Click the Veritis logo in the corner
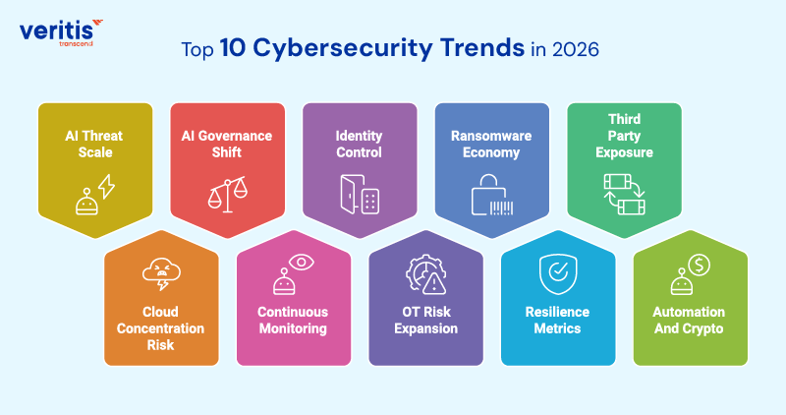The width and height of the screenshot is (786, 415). pos(58,30)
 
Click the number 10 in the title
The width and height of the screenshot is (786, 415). pos(233,50)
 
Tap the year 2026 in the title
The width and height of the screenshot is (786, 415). pos(579,50)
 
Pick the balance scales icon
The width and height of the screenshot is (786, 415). pos(227,193)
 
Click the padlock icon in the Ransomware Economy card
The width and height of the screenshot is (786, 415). pos(493,195)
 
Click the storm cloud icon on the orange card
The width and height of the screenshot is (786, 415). pos(160,272)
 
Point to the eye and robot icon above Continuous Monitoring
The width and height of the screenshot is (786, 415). pos(293,272)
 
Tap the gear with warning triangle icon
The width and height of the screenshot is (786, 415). pos(426,273)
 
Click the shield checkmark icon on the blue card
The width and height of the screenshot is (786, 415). pos(557,272)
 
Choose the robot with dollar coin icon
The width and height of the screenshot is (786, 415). pos(690,272)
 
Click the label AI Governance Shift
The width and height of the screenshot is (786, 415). pos(228,145)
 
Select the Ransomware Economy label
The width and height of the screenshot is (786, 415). pos(493,145)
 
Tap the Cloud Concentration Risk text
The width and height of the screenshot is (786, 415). pos(160,327)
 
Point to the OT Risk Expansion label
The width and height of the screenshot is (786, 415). pos(426,320)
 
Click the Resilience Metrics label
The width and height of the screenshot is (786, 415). pos(557,320)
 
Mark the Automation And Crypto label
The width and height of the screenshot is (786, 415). pos(690,320)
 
